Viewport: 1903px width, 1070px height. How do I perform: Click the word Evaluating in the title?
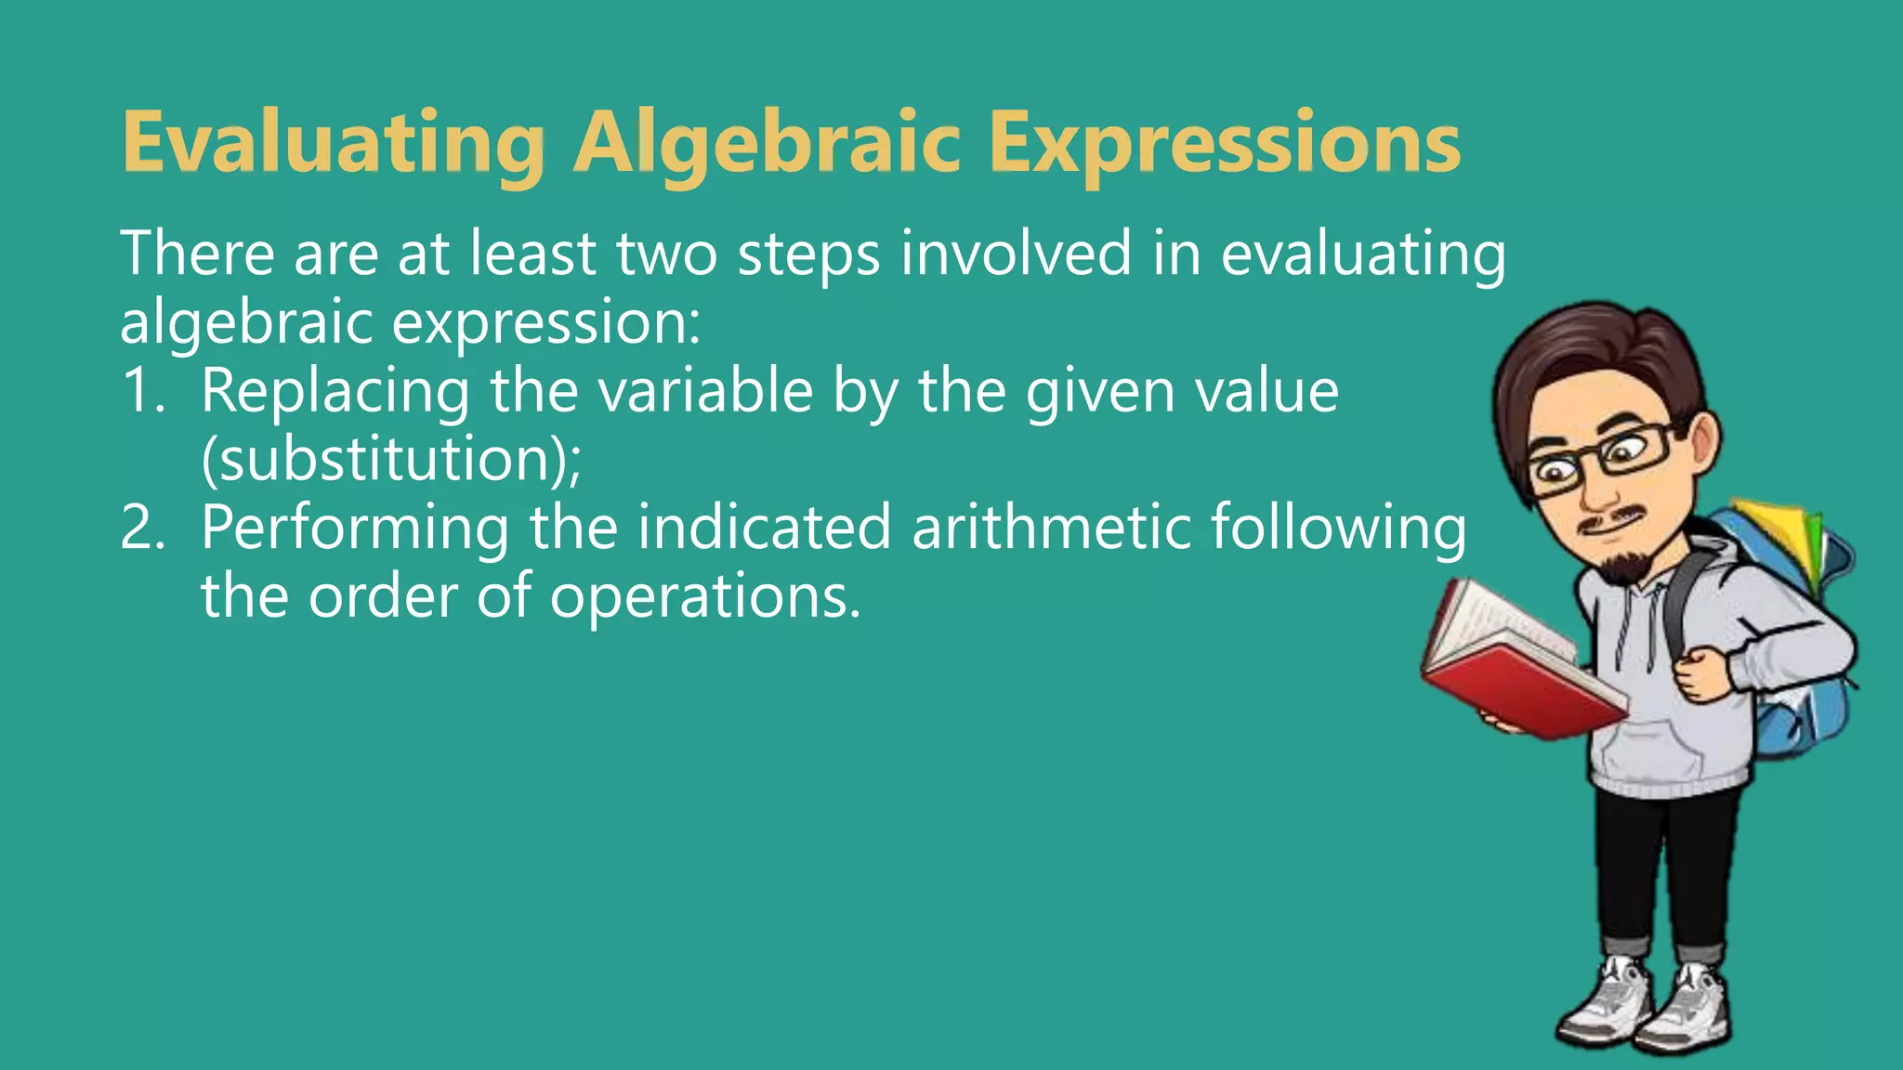pos(333,144)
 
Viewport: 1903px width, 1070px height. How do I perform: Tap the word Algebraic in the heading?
pos(767,144)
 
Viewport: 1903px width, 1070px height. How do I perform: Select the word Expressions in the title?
pos(1224,144)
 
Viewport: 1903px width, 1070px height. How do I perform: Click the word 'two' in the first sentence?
pos(666,254)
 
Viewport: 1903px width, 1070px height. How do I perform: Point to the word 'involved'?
pos(1016,254)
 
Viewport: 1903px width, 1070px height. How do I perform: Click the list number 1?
pos(141,391)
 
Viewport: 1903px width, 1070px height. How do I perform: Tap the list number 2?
pos(141,528)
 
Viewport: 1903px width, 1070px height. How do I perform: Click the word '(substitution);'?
pos(391,459)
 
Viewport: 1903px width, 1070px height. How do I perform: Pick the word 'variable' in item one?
pos(705,391)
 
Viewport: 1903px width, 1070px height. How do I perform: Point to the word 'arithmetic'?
pos(1051,528)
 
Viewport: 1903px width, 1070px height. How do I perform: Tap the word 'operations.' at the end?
pos(705,596)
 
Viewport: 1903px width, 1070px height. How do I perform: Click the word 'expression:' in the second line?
pos(545,323)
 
